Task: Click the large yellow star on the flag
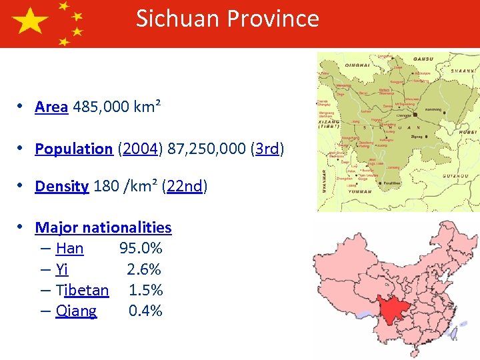click(30, 23)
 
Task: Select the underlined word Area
click(51, 107)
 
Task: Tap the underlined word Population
click(73, 149)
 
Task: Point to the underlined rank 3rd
click(267, 149)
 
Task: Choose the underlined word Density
click(61, 187)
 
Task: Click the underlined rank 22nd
click(184, 187)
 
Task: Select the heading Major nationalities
click(103, 228)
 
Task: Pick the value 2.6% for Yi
click(144, 270)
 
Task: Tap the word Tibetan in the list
click(82, 291)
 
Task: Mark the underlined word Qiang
click(76, 311)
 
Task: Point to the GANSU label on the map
click(423, 59)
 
